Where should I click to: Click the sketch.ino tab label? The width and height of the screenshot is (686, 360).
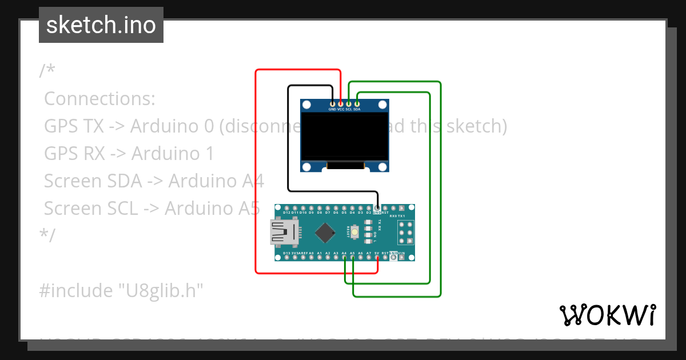pyautogui.click(x=101, y=25)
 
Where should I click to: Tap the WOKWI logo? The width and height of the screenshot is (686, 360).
pyautogui.click(x=607, y=315)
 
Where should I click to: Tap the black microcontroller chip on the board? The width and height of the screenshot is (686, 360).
pyautogui.click(x=325, y=233)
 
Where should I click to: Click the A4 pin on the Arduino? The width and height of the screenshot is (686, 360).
pyautogui.click(x=345, y=258)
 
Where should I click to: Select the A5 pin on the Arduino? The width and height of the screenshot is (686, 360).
pyautogui.click(x=353, y=258)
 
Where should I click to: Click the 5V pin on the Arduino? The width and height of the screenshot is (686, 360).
pyautogui.click(x=377, y=258)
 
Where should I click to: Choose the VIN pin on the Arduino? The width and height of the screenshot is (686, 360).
pyautogui.click(x=402, y=258)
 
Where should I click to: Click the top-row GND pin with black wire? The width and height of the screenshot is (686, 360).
pyautogui.click(x=377, y=208)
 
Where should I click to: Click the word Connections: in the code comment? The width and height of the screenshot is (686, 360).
pyautogui.click(x=99, y=99)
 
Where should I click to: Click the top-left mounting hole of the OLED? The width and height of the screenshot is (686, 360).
pyautogui.click(x=307, y=105)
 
